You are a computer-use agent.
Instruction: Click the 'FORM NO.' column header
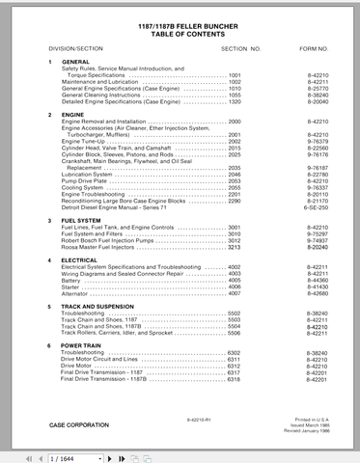pyautogui.click(x=313, y=46)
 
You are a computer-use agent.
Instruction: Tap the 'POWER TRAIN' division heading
pyautogui.click(x=82, y=345)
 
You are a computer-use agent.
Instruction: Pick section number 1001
pyautogui.click(x=235, y=74)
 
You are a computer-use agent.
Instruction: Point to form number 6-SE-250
pyautogui.click(x=316, y=207)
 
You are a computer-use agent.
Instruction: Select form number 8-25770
pyautogui.click(x=316, y=89)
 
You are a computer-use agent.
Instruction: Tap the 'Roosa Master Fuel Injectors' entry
pyautogui.click(x=108, y=247)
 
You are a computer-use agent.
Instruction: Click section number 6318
pyautogui.click(x=235, y=380)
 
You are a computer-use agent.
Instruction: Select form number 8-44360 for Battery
pyautogui.click(x=316, y=280)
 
